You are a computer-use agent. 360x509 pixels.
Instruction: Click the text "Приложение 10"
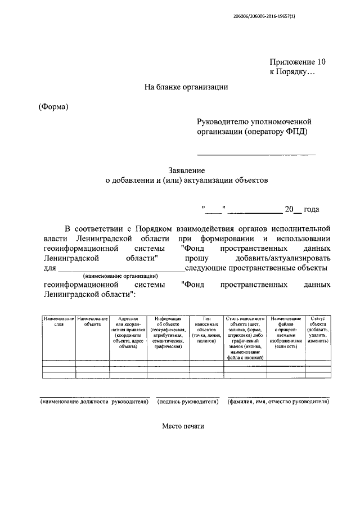[x=298, y=63]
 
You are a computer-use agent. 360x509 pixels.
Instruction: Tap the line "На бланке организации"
[x=186, y=87]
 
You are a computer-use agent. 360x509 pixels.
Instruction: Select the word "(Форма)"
[x=53, y=107]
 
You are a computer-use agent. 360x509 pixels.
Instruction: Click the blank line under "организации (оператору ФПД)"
[x=256, y=154]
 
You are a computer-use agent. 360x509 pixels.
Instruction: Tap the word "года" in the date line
[x=311, y=209]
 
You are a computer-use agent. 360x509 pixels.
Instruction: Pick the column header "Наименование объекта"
[x=92, y=321]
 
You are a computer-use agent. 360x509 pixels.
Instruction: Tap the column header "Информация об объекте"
[x=168, y=332]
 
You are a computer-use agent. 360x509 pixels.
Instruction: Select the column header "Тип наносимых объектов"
[x=206, y=329]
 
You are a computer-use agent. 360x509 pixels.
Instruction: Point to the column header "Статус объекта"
[x=318, y=329]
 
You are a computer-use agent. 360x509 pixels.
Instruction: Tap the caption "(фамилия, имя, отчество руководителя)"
[x=278, y=402]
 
